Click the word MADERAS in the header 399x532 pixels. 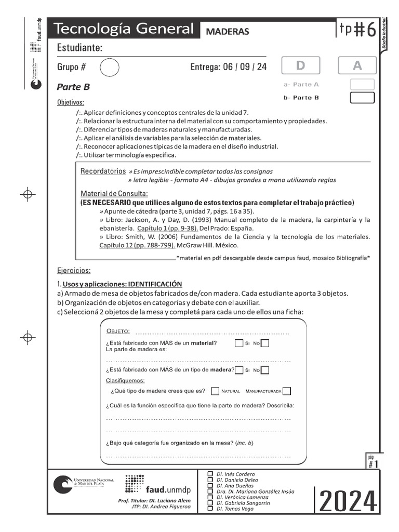click(x=228, y=31)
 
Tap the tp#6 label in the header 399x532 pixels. click(x=357, y=30)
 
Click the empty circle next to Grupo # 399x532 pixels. click(x=109, y=67)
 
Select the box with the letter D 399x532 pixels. click(x=300, y=66)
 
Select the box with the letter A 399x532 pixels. click(x=357, y=66)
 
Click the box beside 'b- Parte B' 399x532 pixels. click(x=362, y=98)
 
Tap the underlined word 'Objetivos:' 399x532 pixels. click(x=70, y=102)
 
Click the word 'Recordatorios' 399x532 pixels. click(x=103, y=171)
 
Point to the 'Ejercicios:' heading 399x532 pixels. click(x=74, y=271)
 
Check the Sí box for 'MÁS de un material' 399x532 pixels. click(x=238, y=343)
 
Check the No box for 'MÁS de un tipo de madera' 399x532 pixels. click(x=265, y=370)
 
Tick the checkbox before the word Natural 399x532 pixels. click(x=215, y=391)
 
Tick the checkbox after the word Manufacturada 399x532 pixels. click(x=287, y=391)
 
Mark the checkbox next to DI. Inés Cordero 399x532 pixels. click(x=210, y=474)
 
